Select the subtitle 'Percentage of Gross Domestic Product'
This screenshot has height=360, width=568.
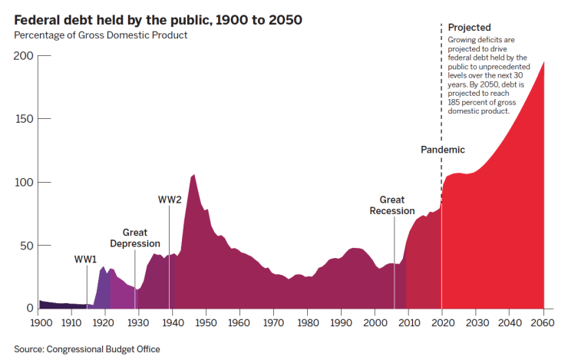click(101, 35)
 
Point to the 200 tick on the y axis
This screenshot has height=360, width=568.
click(24, 56)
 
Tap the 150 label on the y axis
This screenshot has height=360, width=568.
click(24, 119)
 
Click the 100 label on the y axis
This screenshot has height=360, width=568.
click(24, 182)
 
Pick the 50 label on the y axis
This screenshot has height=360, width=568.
click(27, 245)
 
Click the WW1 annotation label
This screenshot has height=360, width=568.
click(86, 259)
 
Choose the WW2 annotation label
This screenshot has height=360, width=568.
click(170, 200)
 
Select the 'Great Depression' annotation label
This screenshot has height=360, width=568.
click(135, 238)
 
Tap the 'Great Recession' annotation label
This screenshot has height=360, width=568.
click(391, 206)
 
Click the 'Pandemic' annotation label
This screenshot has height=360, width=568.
click(443, 150)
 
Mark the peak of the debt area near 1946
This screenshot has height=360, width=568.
click(193, 175)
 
